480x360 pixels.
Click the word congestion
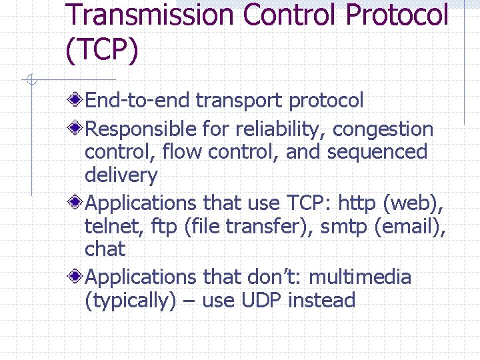click(x=383, y=129)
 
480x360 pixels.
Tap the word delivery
click(x=121, y=176)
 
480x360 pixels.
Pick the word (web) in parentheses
click(x=418, y=202)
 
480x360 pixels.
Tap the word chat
click(x=105, y=249)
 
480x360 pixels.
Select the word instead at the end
click(x=322, y=301)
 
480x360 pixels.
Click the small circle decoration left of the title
click(x=31, y=81)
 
